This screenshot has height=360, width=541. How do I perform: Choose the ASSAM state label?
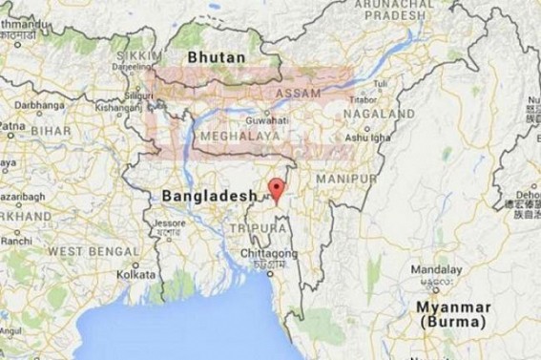[295, 96]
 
